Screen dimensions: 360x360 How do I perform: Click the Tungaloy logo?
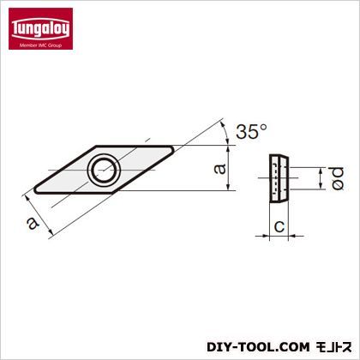coord(40,28)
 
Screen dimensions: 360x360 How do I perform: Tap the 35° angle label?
coord(252,131)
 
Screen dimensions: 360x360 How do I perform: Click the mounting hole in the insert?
coord(103,170)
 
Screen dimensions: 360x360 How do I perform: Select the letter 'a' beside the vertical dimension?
coord(219,169)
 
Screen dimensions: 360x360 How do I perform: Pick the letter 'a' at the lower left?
coord(33,223)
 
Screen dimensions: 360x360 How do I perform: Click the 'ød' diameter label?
coord(338,178)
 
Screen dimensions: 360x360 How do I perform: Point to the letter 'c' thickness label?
coord(279,226)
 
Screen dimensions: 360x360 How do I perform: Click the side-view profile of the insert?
coord(279,179)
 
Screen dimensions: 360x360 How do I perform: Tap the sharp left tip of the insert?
coord(34,189)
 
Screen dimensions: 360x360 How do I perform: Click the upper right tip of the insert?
coord(172,149)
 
